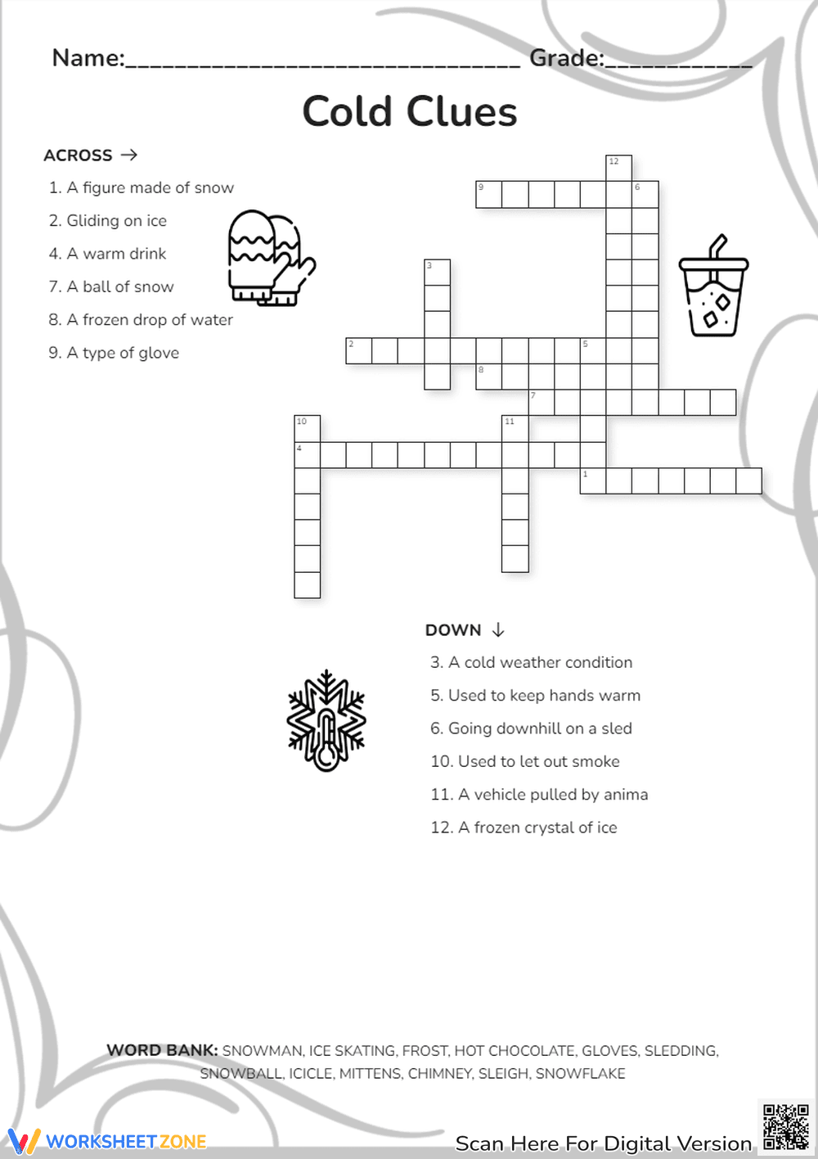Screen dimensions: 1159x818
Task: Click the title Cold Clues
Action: [x=409, y=112]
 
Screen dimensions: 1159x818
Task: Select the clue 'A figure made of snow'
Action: [x=142, y=188]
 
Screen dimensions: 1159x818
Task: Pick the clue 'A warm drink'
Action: [x=107, y=254]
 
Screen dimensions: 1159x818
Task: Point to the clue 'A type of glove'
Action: [x=114, y=353]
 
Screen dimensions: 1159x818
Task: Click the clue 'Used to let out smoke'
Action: [x=524, y=762]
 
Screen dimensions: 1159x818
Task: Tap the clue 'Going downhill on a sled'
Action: [x=531, y=728]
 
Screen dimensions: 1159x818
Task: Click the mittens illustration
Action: [x=270, y=258]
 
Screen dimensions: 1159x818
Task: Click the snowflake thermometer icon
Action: [x=326, y=721]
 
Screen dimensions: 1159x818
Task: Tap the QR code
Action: [x=785, y=1127]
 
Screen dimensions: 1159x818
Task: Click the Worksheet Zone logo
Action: [x=107, y=1141]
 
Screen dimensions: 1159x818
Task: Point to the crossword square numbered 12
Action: [x=618, y=169]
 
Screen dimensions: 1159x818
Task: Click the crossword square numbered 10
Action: [x=307, y=429]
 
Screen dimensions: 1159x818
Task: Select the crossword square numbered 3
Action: [x=437, y=273]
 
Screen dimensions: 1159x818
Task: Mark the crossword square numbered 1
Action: [x=593, y=481]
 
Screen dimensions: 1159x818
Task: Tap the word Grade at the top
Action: [x=565, y=58]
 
